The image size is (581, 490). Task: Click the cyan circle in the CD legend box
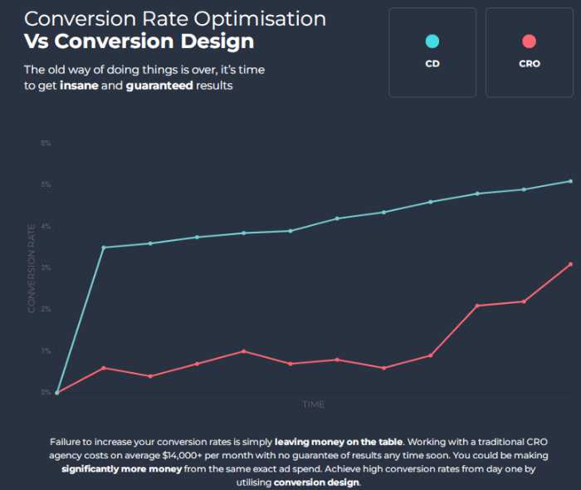click(432, 42)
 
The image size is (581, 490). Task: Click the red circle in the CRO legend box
click(529, 42)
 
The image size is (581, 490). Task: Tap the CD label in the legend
click(432, 64)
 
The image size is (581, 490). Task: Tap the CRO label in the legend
click(529, 64)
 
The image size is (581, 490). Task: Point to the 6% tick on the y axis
click(46, 144)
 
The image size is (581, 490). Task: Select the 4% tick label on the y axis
click(46, 227)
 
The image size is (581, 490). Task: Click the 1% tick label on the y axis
click(46, 351)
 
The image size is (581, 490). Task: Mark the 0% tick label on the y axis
click(46, 392)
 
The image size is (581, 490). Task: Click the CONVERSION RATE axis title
click(32, 267)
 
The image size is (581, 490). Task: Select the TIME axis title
click(313, 404)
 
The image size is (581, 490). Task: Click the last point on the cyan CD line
click(570, 181)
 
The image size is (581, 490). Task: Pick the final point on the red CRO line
click(570, 264)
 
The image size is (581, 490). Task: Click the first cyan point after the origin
click(103, 247)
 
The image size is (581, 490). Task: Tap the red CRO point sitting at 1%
click(243, 351)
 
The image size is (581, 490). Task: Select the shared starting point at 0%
click(56, 393)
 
